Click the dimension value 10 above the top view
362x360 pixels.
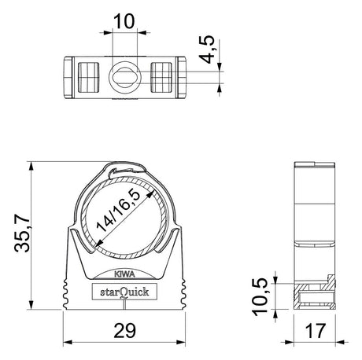coord(124,21)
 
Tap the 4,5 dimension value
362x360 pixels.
coord(207,50)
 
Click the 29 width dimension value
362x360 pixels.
coord(124,330)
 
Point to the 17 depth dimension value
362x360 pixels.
coord(316,330)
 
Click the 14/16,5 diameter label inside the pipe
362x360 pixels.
coord(119,211)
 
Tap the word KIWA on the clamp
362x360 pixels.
coord(124,274)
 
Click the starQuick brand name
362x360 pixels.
coord(124,292)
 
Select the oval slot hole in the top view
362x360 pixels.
coord(125,77)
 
